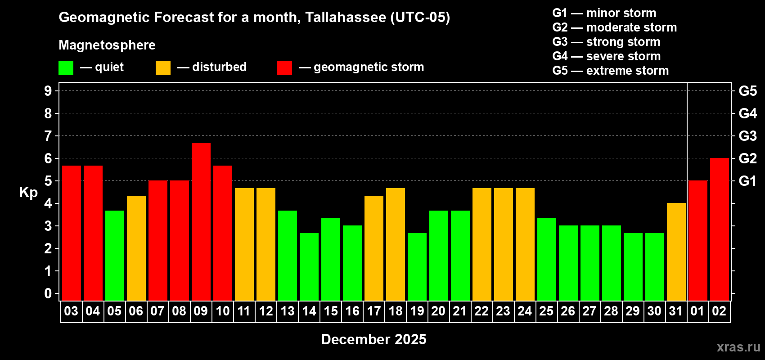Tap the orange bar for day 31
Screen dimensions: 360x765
coord(676,252)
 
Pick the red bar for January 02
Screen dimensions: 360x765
coord(719,229)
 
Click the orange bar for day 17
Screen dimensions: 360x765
coord(373,248)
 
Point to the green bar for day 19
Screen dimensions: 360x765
coord(417,266)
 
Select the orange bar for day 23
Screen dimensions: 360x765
coord(503,244)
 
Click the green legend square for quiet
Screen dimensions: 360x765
coord(66,68)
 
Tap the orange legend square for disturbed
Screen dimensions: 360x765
coord(163,68)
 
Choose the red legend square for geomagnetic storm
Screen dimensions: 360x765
coord(284,68)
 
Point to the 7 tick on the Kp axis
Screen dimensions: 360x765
coord(48,136)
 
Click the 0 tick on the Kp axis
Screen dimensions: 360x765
coord(48,293)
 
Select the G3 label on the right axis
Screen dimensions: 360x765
coord(747,136)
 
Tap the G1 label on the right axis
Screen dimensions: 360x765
coord(747,181)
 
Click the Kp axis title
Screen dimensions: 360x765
coord(28,192)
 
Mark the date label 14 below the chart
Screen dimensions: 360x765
coord(309,311)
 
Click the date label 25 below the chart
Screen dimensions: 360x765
coord(546,311)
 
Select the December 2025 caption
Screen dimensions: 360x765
coord(373,339)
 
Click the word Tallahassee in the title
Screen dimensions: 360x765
coord(345,18)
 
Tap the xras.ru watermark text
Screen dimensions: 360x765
coord(738,347)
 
